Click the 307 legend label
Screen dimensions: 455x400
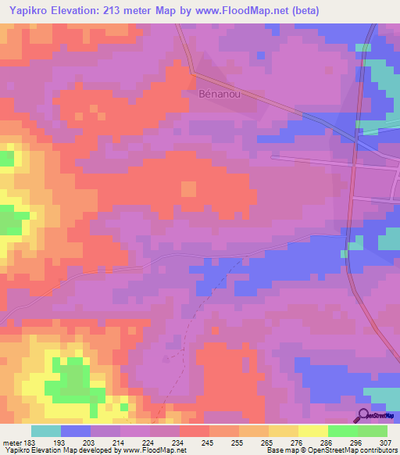(378, 443)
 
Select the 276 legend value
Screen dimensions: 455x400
(286, 443)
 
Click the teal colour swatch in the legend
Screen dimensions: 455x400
(45, 431)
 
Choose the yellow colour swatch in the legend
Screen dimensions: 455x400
(312, 431)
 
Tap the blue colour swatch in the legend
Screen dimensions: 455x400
(75, 431)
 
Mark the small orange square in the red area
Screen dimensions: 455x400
(188, 188)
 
